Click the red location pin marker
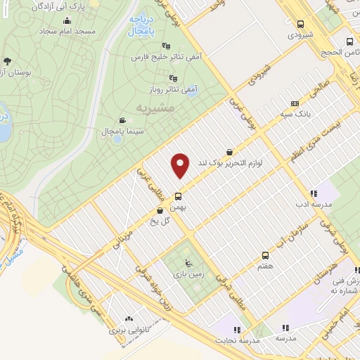click(x=181, y=165)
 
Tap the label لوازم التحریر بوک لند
click(x=231, y=162)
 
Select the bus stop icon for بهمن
click(x=178, y=196)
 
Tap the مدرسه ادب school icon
click(x=314, y=193)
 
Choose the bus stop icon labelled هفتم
click(x=265, y=255)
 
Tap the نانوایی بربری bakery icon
click(x=128, y=319)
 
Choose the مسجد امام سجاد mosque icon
click(x=67, y=20)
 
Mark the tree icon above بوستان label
click(x=8, y=61)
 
